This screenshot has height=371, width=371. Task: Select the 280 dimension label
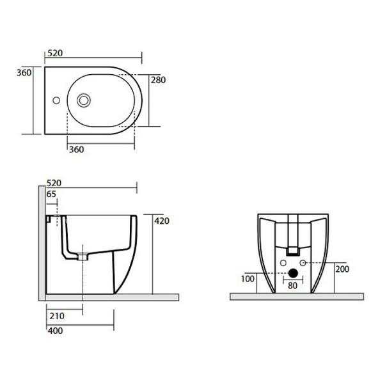(x=158, y=80)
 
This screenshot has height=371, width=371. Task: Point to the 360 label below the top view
(x=76, y=149)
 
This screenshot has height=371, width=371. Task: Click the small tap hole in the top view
(x=56, y=100)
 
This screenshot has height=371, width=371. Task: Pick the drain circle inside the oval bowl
(x=83, y=100)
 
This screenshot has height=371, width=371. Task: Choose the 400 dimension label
(x=56, y=330)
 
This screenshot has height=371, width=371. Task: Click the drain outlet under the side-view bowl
(x=82, y=258)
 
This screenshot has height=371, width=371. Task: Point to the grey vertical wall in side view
(x=41, y=243)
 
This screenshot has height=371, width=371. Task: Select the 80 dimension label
(x=292, y=285)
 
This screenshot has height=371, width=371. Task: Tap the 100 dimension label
(x=248, y=280)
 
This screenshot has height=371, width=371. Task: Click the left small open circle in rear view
(x=282, y=263)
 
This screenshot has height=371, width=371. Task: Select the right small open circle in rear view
(x=304, y=263)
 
